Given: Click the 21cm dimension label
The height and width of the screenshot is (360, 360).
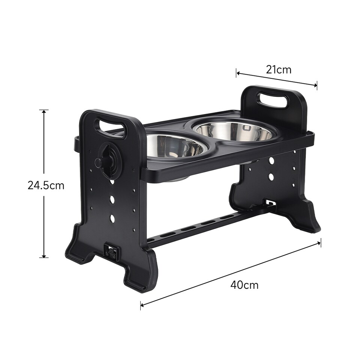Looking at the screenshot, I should (x=279, y=69).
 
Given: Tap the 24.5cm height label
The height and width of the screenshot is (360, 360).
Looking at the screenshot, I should (x=46, y=185).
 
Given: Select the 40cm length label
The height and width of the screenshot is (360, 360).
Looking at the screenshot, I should (x=244, y=285).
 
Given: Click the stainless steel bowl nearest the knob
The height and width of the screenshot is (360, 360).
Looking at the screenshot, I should (x=172, y=145).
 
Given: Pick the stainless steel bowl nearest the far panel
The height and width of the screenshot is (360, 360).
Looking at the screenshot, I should (x=234, y=130).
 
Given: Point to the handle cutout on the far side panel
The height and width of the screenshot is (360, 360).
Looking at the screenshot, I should (x=273, y=100).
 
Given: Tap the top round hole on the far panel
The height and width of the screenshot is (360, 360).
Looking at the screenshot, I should (x=271, y=160).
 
